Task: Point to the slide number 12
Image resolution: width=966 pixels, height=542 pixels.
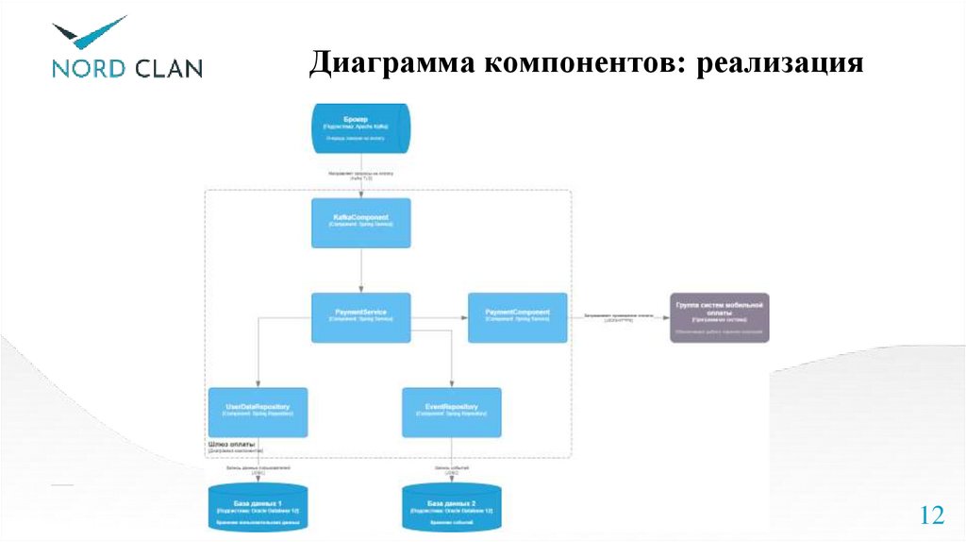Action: click(931, 516)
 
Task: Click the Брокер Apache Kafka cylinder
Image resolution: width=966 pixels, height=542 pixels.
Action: click(361, 128)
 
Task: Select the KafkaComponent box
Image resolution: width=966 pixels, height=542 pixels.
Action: click(361, 223)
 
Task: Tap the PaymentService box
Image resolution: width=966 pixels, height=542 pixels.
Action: click(361, 317)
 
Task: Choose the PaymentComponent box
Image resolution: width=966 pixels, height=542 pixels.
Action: click(518, 317)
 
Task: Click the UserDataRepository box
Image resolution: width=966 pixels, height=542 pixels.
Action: click(258, 412)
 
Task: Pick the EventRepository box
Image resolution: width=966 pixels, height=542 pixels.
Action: click(451, 412)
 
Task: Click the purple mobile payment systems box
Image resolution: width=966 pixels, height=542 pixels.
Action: click(719, 317)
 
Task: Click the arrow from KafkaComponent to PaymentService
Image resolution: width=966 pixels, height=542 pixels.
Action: click(361, 270)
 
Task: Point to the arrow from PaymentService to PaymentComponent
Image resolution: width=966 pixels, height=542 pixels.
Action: click(440, 317)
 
